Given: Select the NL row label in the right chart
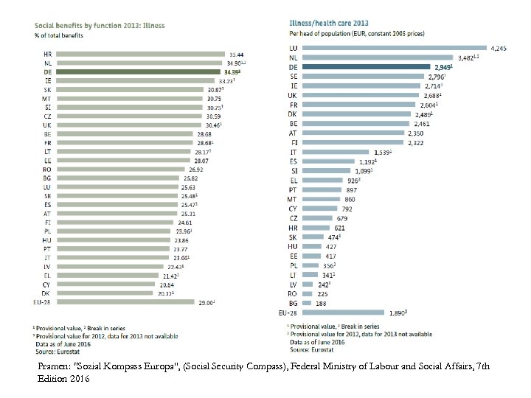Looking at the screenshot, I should point(294,57).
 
